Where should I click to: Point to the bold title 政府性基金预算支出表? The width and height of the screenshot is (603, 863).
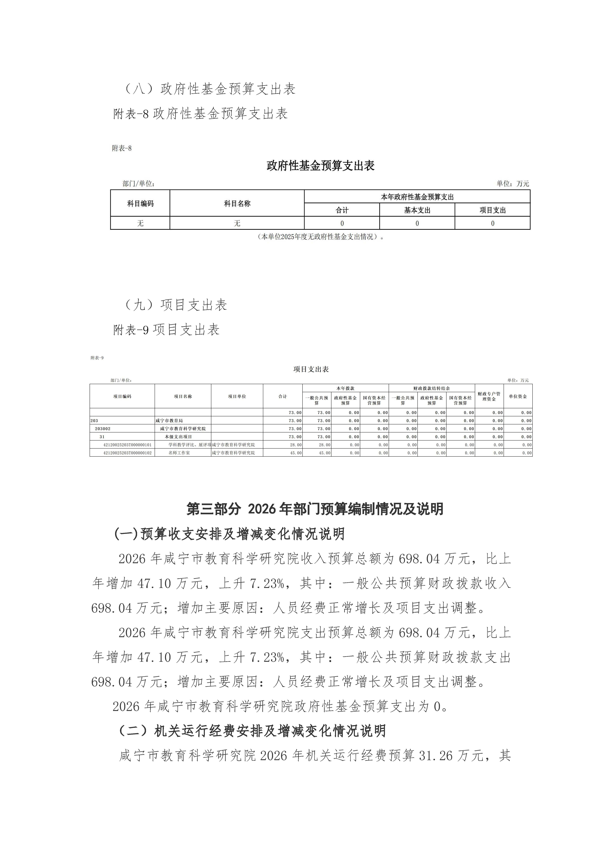point(321,166)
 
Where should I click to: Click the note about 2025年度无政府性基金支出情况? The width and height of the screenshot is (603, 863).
point(321,237)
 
